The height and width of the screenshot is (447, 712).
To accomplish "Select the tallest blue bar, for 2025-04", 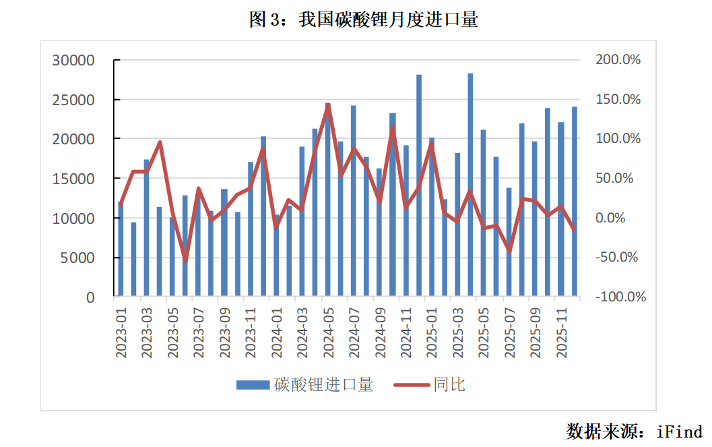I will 470,185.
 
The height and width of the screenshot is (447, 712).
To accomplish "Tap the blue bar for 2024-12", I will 419,185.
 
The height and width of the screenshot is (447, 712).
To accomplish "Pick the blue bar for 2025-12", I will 575,202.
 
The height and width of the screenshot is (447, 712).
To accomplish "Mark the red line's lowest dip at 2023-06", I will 185,261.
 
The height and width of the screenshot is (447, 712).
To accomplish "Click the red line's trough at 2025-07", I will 509,251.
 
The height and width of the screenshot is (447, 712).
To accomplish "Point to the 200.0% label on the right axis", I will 618,60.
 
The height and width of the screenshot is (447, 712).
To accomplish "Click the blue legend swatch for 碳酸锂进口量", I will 253,385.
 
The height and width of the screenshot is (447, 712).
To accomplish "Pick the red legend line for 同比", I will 411,385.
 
